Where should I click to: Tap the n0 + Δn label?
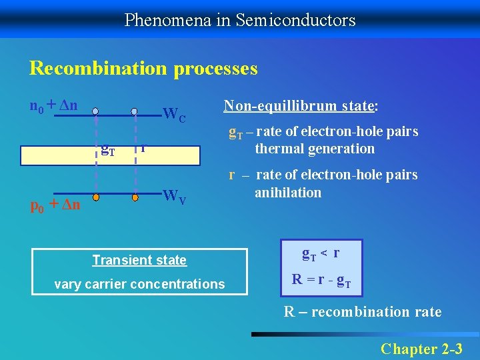pos(54,105)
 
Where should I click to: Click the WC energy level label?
pos(175,115)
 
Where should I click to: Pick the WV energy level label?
pos(175,197)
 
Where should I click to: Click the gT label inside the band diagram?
pos(107,149)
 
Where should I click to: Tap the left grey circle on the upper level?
pos(96,111)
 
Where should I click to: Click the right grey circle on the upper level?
pos(134,111)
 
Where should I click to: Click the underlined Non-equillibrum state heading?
pos(301,105)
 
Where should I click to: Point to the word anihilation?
pos(288,193)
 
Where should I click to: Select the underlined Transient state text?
pos(139,260)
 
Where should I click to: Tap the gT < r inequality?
pos(321,253)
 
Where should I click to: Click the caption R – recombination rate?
pos(362,311)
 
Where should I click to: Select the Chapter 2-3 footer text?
pos(422,348)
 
